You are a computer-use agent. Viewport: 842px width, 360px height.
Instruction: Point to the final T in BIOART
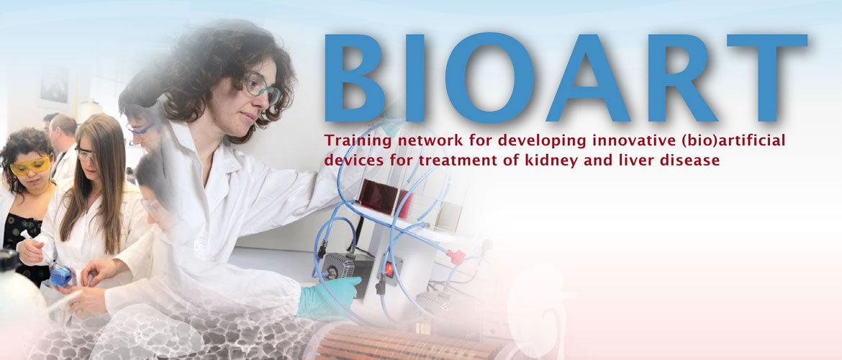click(x=767, y=77)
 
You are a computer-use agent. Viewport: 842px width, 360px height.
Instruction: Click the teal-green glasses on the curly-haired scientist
click(x=261, y=89)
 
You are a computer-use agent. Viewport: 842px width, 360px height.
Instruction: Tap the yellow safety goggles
click(x=30, y=166)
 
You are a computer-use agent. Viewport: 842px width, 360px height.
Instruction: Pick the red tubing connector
click(x=456, y=257)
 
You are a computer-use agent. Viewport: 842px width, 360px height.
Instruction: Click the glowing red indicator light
click(x=388, y=269)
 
